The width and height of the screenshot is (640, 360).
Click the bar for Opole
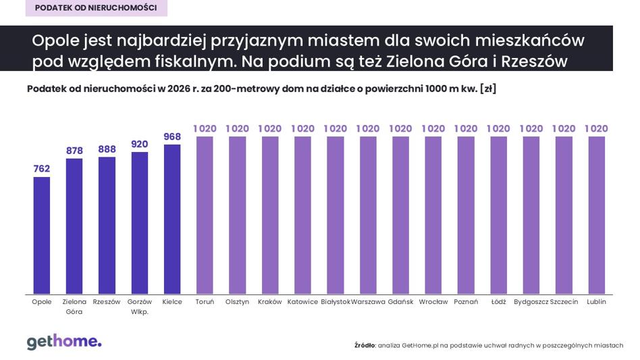pos(42,235)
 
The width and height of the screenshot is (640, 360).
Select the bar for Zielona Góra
pos(74,226)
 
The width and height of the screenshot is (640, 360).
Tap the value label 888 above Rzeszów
pos(107,149)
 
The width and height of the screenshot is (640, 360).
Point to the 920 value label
pos(140,144)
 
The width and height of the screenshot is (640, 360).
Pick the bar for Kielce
pos(172,220)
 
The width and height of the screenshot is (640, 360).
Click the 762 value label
pos(42,169)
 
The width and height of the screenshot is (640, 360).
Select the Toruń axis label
pos(205,302)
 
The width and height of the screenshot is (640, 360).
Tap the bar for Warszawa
pos(368,215)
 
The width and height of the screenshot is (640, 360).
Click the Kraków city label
pos(270,302)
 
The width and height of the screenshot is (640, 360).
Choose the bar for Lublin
pos(596,215)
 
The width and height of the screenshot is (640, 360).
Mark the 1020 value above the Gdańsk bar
pos(400,128)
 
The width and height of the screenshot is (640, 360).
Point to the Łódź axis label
pos(498,302)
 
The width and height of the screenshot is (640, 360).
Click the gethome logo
pos(64,342)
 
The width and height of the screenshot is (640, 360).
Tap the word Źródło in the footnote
pos(365,345)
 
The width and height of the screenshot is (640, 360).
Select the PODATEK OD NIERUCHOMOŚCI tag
pos(97,7)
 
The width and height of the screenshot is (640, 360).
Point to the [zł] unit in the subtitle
pos(488,88)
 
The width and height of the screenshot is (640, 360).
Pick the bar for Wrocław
pos(433,215)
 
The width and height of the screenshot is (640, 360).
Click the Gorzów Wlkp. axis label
pos(140,307)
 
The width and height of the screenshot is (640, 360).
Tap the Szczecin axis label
pos(564,302)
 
